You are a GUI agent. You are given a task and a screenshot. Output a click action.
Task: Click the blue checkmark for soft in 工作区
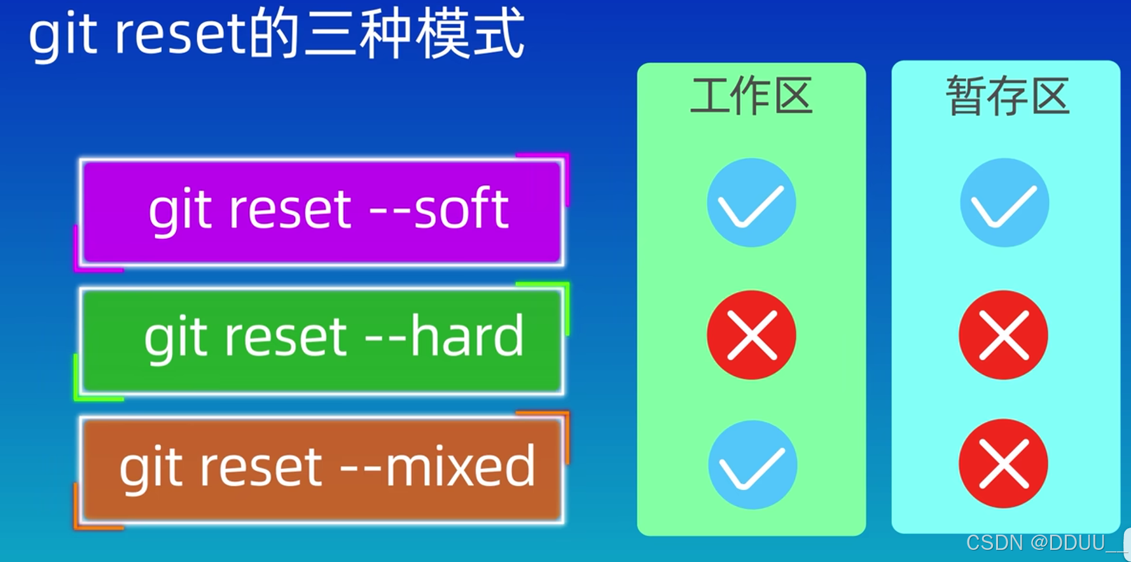click(751, 202)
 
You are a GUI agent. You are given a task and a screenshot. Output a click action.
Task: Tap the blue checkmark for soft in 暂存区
click(1004, 202)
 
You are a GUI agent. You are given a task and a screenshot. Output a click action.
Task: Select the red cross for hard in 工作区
click(751, 335)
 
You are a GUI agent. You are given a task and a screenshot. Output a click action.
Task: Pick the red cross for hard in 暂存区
click(1003, 335)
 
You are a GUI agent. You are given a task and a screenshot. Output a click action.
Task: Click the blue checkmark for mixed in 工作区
click(752, 465)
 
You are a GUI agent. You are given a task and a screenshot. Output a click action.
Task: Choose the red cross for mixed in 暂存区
click(1003, 463)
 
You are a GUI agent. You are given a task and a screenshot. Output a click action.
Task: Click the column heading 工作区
click(751, 96)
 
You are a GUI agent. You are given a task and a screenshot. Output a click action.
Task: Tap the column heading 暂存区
click(1007, 96)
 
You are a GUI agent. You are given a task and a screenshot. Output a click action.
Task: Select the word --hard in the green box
click(445, 336)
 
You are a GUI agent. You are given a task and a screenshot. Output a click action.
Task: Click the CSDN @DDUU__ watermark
click(1043, 543)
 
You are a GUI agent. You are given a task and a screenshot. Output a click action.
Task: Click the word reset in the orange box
click(261, 467)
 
